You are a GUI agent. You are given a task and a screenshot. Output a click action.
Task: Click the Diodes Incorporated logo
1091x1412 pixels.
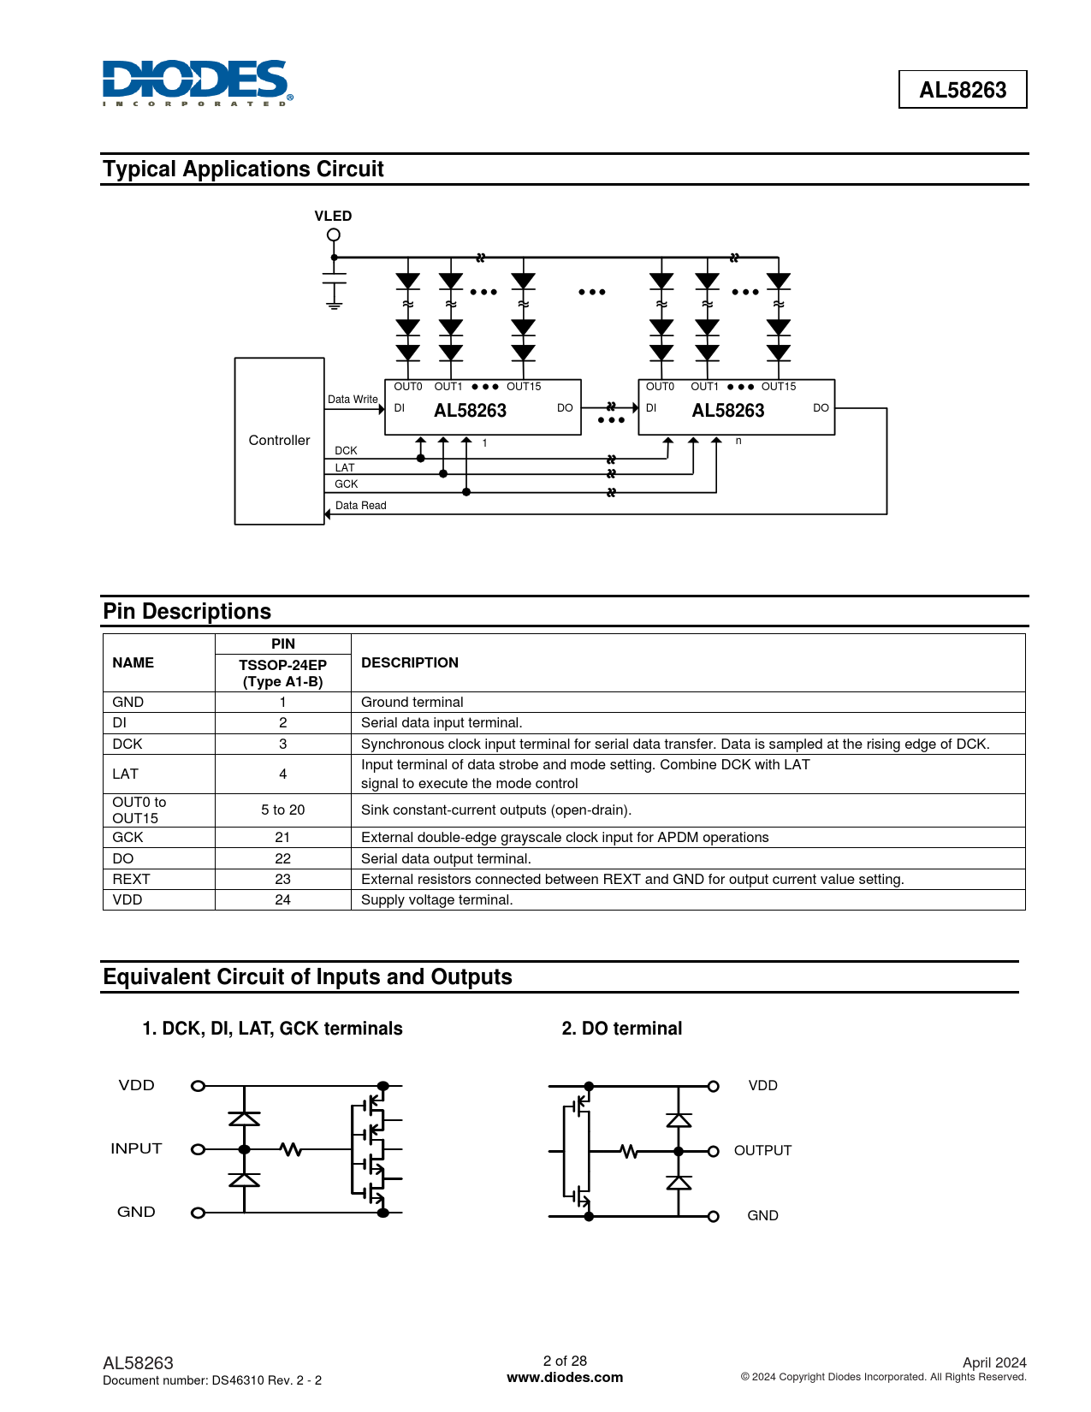197,83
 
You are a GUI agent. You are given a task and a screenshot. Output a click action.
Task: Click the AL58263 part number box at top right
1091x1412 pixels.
962,90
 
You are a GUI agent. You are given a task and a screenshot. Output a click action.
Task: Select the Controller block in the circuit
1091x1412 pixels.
279,441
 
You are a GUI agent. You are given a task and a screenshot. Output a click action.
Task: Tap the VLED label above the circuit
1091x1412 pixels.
333,217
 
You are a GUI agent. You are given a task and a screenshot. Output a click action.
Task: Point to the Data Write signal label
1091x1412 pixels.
353,400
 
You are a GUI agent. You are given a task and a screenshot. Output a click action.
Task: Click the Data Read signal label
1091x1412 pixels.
360,506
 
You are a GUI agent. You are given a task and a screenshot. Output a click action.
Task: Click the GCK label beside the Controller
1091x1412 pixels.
346,484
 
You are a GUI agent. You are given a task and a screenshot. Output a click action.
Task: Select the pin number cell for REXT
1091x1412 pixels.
282,880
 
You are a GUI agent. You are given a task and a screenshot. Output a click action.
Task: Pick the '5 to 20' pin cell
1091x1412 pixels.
282,810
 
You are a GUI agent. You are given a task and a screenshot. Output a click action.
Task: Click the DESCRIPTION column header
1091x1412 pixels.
409,663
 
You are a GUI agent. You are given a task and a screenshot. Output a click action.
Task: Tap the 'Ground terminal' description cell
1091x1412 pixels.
412,703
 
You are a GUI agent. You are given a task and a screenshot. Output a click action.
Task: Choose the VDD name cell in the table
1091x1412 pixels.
127,900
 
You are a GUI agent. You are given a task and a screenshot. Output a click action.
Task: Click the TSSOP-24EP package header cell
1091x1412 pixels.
282,673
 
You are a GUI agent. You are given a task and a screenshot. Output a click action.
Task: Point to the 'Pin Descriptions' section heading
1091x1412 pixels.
187,612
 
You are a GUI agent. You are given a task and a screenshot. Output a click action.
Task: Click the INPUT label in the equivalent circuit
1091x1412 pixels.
136,1149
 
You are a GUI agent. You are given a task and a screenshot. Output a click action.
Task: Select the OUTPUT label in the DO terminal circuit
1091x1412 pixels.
762,1151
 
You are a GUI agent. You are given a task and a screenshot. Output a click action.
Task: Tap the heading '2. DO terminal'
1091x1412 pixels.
621,1029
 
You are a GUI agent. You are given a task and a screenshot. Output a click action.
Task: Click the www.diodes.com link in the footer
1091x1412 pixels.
565,1378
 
